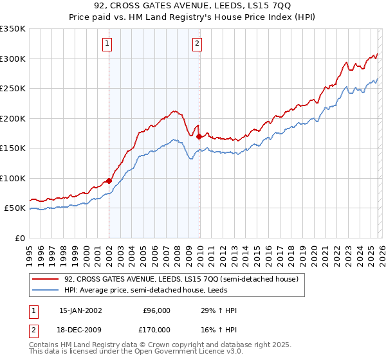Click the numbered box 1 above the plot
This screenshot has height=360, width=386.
click(x=107, y=44)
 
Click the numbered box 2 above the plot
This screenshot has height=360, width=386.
click(x=197, y=44)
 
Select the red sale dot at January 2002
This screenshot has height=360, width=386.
click(x=109, y=181)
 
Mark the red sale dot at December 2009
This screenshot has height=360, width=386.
click(x=199, y=136)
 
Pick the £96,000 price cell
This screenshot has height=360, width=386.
click(x=156, y=310)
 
